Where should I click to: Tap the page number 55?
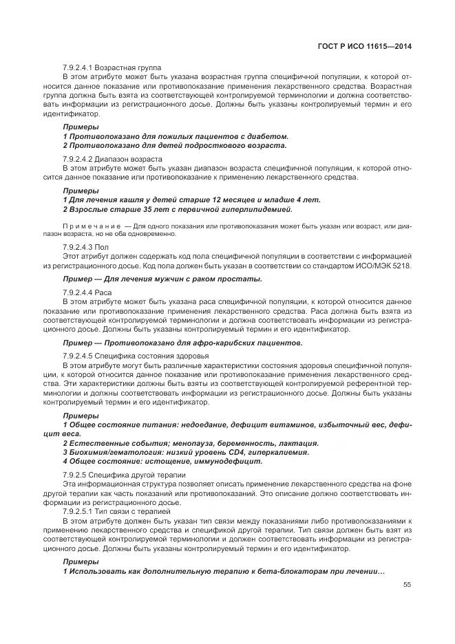coord(407,585)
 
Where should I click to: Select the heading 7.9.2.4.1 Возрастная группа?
coord(112,67)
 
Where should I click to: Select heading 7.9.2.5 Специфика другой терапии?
coord(124,475)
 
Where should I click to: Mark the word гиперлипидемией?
coord(255,209)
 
